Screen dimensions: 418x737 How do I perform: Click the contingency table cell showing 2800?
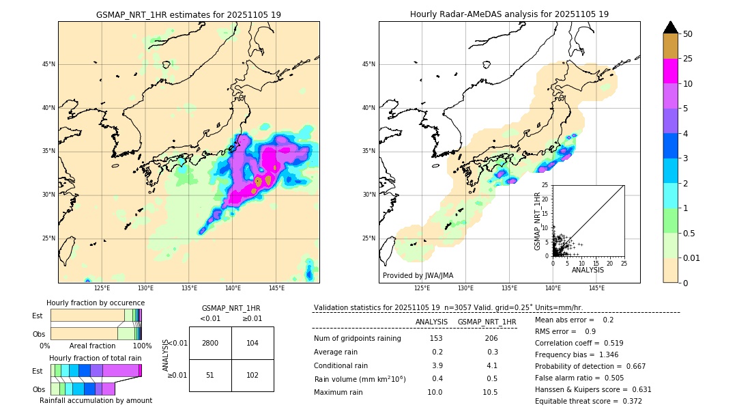tap(210, 343)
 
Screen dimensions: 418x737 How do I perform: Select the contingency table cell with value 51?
tap(210, 375)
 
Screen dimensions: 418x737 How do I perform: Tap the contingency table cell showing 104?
tap(252, 343)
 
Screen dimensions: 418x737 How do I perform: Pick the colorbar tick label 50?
tap(688, 34)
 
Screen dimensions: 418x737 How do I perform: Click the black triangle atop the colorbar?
tap(671, 27)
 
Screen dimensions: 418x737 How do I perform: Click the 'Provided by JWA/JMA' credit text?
tap(418, 276)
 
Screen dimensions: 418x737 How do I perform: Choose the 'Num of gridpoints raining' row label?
tap(357, 339)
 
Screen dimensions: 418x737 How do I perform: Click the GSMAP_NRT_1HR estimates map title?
tap(188, 14)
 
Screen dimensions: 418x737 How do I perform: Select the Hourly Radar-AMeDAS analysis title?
tap(509, 14)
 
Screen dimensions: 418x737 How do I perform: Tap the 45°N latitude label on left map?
tap(48, 64)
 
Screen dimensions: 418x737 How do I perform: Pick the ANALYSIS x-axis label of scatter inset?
tap(588, 270)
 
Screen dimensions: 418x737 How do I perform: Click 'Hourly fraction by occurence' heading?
tap(96, 303)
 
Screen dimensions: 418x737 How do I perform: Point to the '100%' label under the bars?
tap(142, 346)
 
